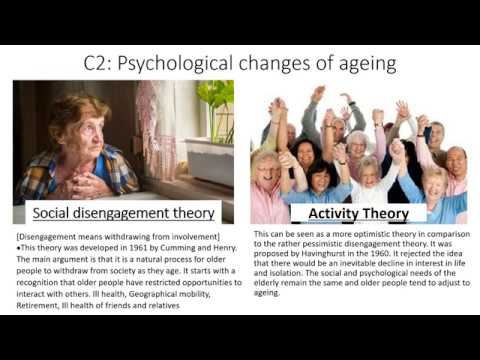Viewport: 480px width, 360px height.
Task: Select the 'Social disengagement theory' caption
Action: (x=124, y=213)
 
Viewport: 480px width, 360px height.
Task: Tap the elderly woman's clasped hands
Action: (x=90, y=181)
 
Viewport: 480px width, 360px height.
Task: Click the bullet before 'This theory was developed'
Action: (x=20, y=246)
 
